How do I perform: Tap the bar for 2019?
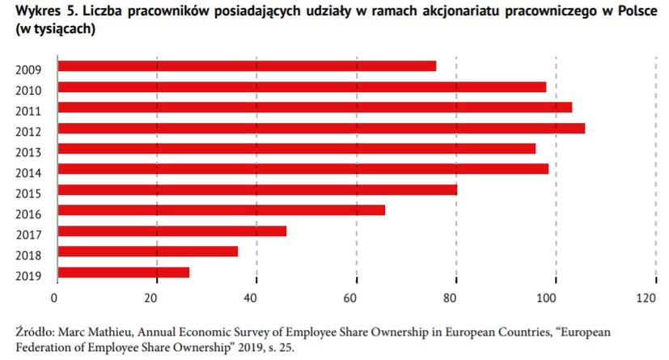coord(122,273)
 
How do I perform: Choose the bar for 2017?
coord(171,231)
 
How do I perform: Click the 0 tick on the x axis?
coord(55,298)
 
